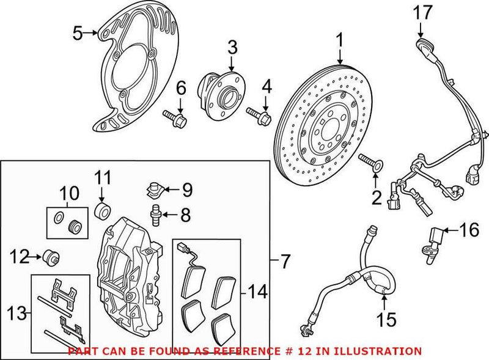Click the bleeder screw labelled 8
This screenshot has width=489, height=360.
(x=156, y=213)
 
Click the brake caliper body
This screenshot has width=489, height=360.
(x=130, y=269)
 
